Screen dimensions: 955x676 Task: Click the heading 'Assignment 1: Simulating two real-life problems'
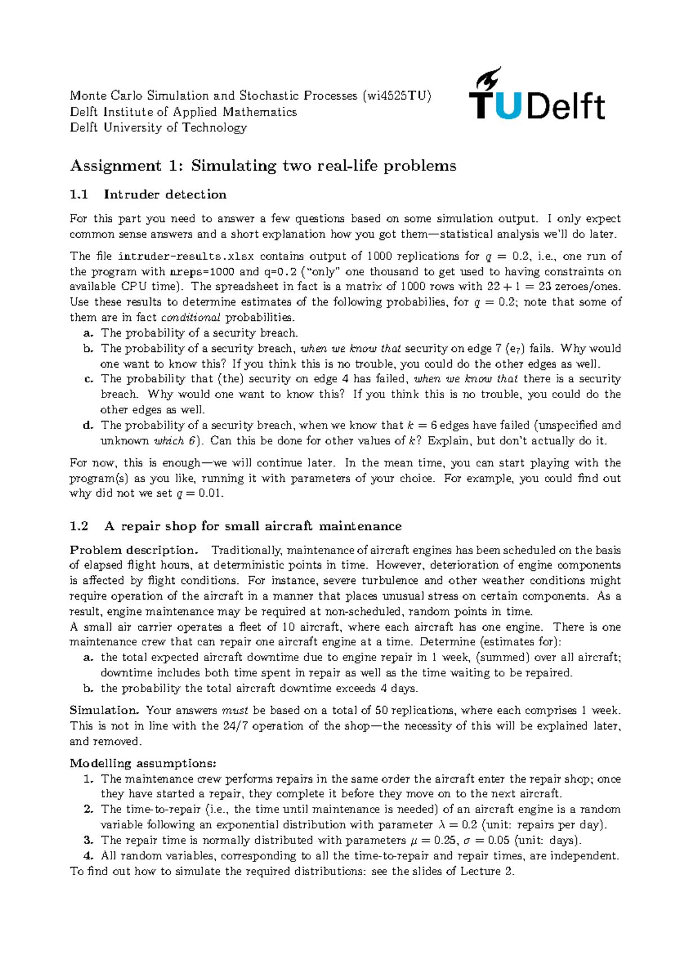click(x=263, y=166)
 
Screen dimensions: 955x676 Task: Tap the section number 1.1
click(x=79, y=195)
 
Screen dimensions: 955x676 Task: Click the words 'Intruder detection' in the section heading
click(x=165, y=195)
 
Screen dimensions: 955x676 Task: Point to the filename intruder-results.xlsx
click(x=186, y=256)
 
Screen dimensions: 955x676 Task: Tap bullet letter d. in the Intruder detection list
click(x=88, y=426)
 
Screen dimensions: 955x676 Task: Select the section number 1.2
click(x=79, y=526)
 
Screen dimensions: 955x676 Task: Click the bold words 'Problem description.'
click(x=134, y=550)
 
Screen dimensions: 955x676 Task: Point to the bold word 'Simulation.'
click(x=104, y=711)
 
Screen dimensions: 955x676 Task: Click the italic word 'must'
click(x=235, y=711)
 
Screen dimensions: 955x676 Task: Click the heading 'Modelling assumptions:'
click(x=143, y=764)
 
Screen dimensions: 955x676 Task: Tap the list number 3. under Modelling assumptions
click(x=88, y=840)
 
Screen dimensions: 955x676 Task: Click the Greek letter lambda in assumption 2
click(x=441, y=825)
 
